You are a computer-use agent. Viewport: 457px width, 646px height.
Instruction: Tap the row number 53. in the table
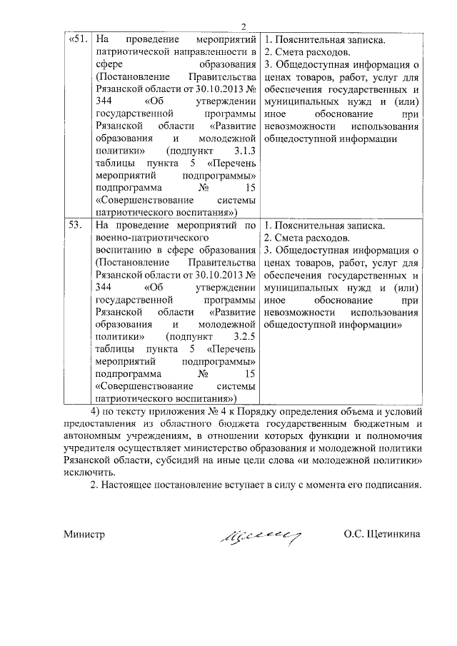point(74,226)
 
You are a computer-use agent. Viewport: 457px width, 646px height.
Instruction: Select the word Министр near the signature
point(84,535)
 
